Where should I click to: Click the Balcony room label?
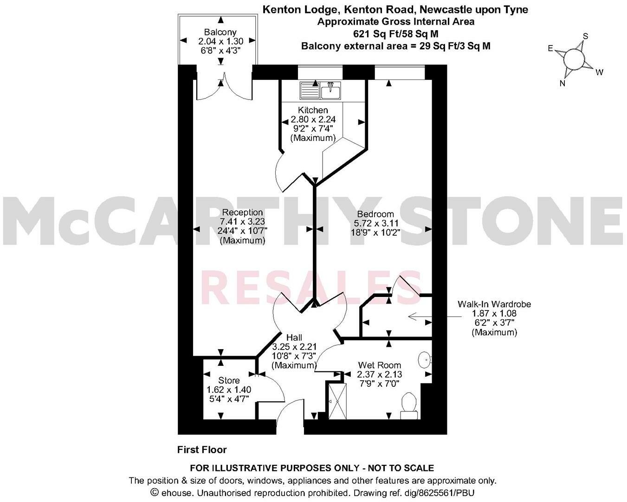coord(220,32)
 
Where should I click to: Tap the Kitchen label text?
coord(313,110)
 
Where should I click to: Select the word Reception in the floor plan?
coord(242,212)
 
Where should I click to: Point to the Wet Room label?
coord(379,365)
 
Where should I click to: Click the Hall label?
coord(294,337)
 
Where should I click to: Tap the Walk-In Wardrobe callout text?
coord(494,304)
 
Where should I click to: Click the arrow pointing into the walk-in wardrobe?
coord(418,317)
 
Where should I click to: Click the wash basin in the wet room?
coord(424,360)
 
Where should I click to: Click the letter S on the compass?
coord(586,36)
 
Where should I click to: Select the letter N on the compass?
coord(562,83)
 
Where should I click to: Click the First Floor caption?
coord(202,449)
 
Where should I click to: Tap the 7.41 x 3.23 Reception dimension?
coord(242,222)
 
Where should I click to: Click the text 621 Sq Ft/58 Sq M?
coord(396,33)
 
